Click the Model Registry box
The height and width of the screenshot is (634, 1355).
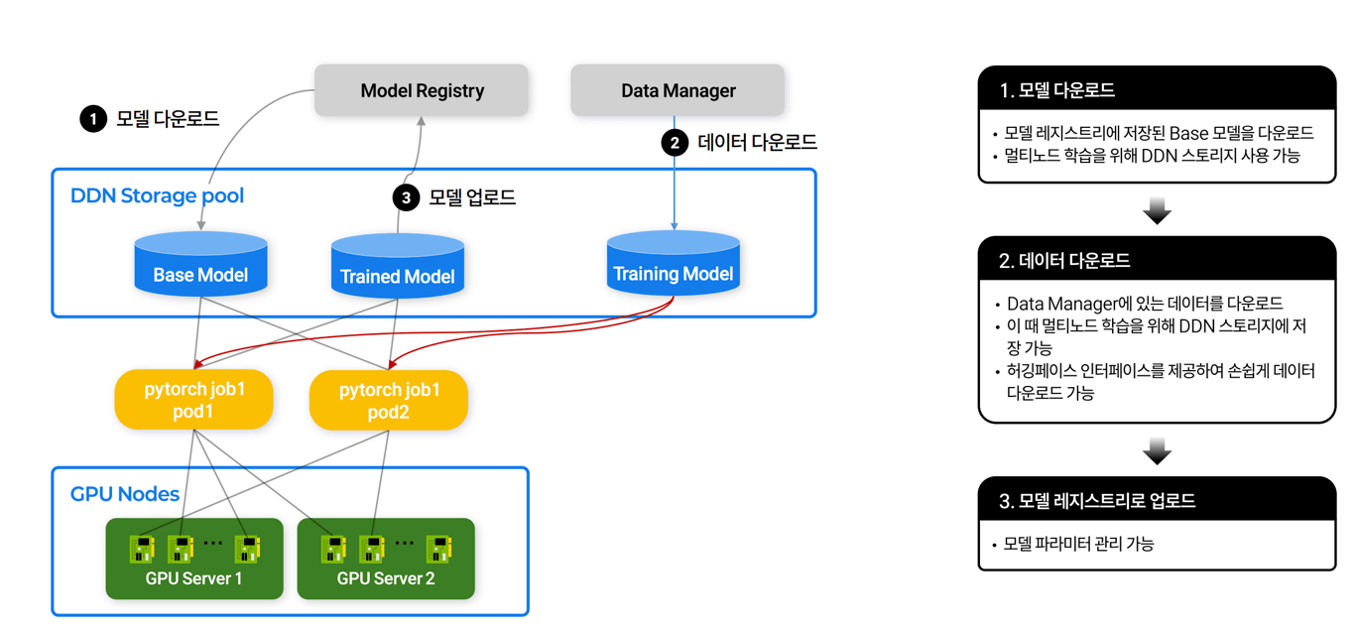pyautogui.click(x=422, y=91)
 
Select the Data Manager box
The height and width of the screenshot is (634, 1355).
pyautogui.click(x=677, y=91)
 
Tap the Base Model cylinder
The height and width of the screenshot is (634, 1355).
pyautogui.click(x=200, y=265)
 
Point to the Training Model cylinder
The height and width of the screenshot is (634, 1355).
pyautogui.click(x=673, y=264)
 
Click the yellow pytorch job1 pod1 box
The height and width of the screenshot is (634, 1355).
pyautogui.click(x=193, y=400)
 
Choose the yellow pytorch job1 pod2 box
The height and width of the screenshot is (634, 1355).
pyautogui.click(x=388, y=400)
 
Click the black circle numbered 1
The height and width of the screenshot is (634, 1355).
pyautogui.click(x=93, y=119)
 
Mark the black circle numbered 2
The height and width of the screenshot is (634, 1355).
pyautogui.click(x=675, y=143)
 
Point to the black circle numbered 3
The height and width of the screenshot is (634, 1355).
pyautogui.click(x=406, y=197)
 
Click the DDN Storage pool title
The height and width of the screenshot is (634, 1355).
pyautogui.click(x=157, y=195)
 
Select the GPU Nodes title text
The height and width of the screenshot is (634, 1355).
pyautogui.click(x=125, y=494)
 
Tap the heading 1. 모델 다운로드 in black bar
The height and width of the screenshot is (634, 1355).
pyautogui.click(x=1057, y=90)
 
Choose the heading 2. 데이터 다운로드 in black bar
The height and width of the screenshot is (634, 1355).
pyautogui.click(x=1064, y=261)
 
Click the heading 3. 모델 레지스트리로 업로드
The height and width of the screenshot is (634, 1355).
pyautogui.click(x=1097, y=501)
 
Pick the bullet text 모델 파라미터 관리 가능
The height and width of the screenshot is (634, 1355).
pyautogui.click(x=1079, y=544)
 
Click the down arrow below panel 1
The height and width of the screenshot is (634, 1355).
pyautogui.click(x=1157, y=210)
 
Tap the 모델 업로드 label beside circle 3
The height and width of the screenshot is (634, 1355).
pyautogui.click(x=472, y=197)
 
